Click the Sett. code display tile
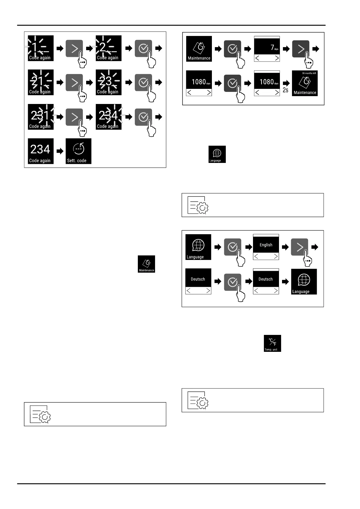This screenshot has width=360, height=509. (78, 151)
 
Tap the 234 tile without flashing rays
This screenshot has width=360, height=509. (41, 151)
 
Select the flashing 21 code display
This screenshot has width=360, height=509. (41, 82)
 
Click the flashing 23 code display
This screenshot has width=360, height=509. (109, 82)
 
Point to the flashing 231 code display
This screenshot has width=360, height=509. (41, 117)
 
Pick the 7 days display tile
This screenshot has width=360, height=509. (267, 49)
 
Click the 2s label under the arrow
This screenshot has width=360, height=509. (285, 90)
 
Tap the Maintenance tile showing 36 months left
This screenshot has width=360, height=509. (305, 83)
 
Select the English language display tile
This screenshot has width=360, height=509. (266, 247)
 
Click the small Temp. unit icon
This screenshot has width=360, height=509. (272, 343)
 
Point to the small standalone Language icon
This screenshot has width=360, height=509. (217, 154)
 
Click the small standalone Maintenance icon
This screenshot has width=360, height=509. (146, 264)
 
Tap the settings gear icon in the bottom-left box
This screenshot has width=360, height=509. (41, 414)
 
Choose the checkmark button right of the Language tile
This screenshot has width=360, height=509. (232, 247)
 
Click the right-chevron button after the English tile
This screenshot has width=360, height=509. (300, 247)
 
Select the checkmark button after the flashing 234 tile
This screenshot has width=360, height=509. (143, 117)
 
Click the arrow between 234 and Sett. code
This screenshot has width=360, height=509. (60, 151)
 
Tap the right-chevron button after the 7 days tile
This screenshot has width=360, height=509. (301, 49)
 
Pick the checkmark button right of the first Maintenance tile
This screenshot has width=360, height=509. (232, 49)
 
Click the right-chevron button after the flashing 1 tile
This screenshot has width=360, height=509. (74, 48)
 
